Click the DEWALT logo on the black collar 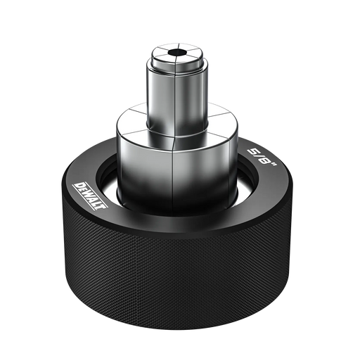pyautogui.click(x=90, y=196)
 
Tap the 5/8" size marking pyautogui.click(x=263, y=159)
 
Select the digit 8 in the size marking pyautogui.click(x=266, y=162)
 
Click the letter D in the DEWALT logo pyautogui.click(x=77, y=186)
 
